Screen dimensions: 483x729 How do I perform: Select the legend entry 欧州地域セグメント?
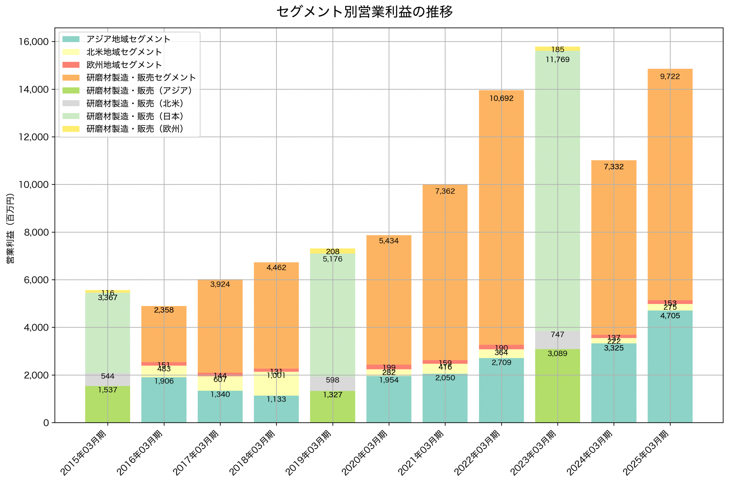(124, 65)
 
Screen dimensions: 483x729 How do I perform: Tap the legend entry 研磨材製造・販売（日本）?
(135, 116)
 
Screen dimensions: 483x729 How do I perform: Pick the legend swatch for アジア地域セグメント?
(71, 39)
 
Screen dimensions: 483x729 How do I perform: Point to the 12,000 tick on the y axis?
(34, 137)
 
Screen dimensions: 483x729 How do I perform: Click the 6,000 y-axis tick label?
(36, 280)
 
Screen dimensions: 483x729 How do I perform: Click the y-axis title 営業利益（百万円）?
(10, 228)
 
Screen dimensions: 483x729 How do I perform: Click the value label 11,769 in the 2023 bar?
(557, 60)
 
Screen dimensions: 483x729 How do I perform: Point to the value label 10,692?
(501, 98)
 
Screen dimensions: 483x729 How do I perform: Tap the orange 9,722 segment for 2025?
(670, 185)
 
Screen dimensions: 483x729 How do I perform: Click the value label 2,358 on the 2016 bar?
(164, 310)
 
